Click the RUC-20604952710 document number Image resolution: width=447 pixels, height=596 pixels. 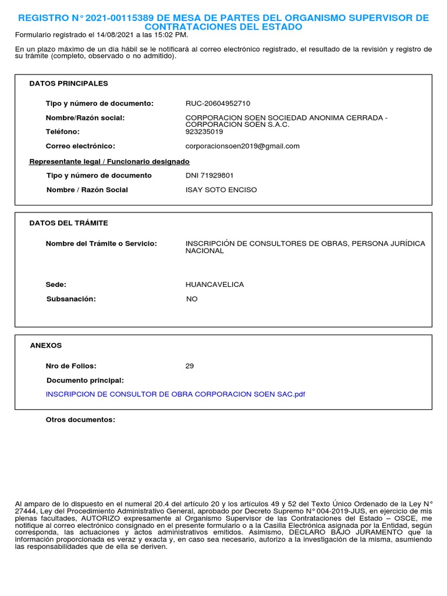[218, 104]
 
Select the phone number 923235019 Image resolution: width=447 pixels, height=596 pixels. [204, 132]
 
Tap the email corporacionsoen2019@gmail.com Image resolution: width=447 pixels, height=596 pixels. [242, 146]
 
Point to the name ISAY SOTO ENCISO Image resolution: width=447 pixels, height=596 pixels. [221, 190]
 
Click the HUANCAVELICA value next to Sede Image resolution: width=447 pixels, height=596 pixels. [214, 285]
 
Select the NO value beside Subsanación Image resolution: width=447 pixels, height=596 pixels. [191, 299]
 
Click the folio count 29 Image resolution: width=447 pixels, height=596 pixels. [190, 366]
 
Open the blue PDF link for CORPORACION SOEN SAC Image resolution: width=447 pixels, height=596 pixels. [175, 395]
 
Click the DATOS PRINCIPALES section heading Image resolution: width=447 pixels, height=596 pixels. [69, 84]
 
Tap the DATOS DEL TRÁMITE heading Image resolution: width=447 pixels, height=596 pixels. [69, 223]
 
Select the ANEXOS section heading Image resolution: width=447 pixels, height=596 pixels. [46, 346]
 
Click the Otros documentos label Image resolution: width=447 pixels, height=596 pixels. [80, 420]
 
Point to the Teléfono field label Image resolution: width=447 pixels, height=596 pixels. [63, 132]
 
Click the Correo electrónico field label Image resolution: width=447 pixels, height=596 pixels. [80, 146]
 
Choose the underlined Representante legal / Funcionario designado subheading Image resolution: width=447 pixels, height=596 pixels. [109, 162]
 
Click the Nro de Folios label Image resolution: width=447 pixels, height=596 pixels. [71, 366]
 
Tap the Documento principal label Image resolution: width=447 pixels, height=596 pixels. [85, 381]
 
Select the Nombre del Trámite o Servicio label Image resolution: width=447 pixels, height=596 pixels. [101, 243]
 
